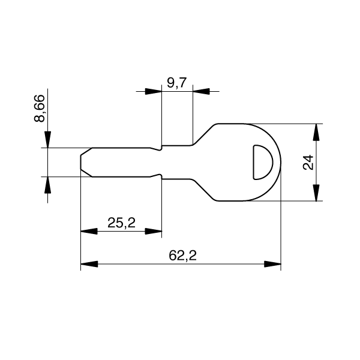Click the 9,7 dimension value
click(177, 83)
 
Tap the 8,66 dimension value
click(40, 108)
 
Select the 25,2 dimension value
click(121, 223)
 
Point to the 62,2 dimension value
click(183, 256)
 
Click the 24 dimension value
click(308, 163)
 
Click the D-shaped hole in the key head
click(263, 162)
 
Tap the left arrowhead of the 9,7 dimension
click(154, 91)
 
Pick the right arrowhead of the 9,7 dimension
click(202, 91)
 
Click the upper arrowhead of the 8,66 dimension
click(48, 139)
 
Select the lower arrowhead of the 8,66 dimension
click(48, 185)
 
